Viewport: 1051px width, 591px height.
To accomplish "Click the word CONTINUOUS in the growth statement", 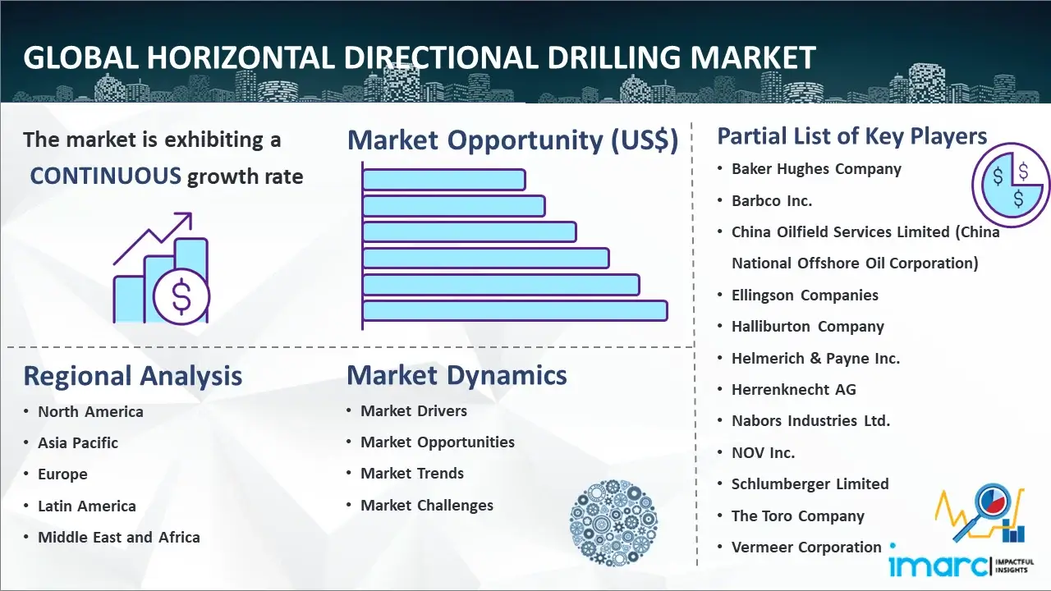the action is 106,176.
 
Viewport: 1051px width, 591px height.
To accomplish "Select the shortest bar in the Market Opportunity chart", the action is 444,180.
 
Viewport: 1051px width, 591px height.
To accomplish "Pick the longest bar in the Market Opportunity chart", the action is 515,310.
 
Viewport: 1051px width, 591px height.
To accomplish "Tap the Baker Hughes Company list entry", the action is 816,169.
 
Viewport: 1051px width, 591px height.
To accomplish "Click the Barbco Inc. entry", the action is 772,201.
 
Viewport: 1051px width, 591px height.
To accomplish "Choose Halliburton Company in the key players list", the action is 807,327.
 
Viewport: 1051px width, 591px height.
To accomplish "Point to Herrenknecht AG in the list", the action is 794,389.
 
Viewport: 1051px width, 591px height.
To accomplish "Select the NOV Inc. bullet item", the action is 764,452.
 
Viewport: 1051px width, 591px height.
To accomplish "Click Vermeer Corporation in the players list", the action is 806,547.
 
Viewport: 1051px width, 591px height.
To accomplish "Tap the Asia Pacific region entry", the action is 78,442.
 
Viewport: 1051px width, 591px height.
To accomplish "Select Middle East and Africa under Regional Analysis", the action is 119,537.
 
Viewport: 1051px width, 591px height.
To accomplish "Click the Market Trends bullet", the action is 412,474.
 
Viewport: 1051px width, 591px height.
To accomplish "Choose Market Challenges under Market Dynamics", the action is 426,505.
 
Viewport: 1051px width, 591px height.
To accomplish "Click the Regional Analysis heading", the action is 133,376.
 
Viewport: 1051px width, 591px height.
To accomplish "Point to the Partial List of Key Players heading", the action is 852,136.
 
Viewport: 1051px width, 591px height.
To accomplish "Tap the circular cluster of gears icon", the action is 613,522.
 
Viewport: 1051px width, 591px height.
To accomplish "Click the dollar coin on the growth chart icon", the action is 181,296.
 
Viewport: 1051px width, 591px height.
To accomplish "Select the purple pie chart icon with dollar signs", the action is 1011,185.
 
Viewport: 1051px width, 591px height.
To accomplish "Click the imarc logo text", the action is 939,566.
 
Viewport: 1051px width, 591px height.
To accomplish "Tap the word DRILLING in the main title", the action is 613,57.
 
